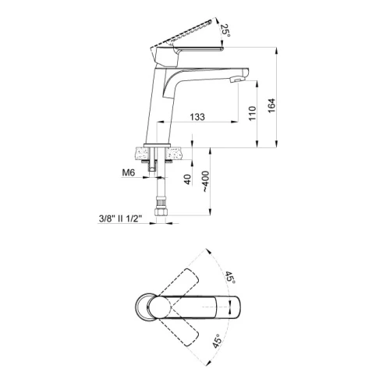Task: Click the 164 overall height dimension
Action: click(271, 105)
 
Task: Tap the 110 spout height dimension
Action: click(252, 113)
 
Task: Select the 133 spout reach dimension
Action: click(197, 117)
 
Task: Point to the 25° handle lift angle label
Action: click(225, 30)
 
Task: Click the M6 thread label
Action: click(129, 172)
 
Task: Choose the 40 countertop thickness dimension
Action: click(188, 179)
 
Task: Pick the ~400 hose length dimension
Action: click(205, 182)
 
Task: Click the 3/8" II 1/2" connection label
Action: click(120, 218)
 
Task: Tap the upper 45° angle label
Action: click(230, 278)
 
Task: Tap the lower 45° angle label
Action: click(217, 341)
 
